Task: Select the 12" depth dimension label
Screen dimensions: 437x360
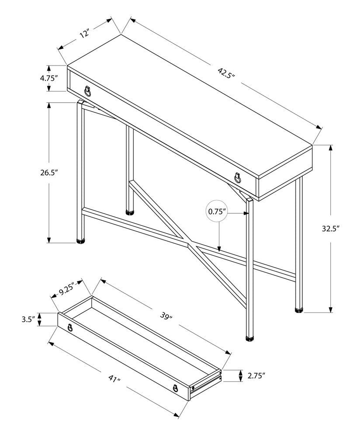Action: coord(84,34)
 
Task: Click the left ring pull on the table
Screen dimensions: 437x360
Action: coord(88,91)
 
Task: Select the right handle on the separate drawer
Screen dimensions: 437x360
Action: coord(175,388)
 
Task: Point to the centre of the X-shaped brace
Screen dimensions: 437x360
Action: coord(189,243)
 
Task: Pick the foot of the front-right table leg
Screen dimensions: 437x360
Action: coord(249,338)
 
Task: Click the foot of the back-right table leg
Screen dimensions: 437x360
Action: coord(299,310)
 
